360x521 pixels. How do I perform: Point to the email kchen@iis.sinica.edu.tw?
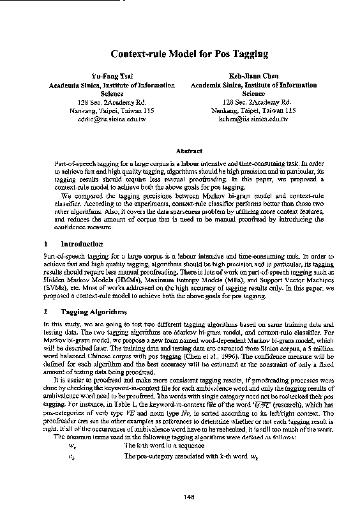[x=253, y=118]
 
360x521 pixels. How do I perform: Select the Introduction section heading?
[x=81, y=244]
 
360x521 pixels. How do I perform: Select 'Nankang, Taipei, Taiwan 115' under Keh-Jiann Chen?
[x=253, y=110]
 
